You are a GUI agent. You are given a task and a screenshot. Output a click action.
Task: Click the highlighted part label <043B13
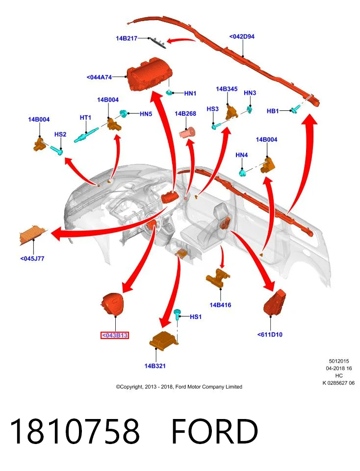point(114,335)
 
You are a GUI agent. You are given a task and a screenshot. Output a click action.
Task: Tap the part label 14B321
point(155,366)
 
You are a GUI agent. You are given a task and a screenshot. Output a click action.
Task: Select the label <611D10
point(270,335)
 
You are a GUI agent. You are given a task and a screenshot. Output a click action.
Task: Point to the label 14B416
point(220,305)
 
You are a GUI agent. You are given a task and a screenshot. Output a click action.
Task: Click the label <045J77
point(32,259)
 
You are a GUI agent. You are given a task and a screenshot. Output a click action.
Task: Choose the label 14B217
point(127,38)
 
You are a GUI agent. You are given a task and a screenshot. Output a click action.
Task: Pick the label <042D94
point(242,37)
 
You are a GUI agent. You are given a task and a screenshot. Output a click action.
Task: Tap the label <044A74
point(99,77)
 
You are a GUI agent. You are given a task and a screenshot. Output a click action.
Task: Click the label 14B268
point(185,113)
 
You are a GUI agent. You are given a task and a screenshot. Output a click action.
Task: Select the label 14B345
point(227,89)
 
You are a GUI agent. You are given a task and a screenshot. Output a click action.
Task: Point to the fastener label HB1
point(273,111)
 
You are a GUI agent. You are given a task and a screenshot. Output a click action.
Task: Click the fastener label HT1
point(85,117)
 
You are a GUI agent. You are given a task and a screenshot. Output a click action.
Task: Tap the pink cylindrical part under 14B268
point(187,132)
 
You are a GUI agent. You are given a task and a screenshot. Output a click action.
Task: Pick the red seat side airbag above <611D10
point(275,303)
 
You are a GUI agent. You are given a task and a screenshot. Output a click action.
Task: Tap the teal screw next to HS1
point(178,314)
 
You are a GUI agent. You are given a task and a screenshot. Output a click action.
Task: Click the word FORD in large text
point(215,432)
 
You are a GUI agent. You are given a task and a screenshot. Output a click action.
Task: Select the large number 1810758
point(75,432)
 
